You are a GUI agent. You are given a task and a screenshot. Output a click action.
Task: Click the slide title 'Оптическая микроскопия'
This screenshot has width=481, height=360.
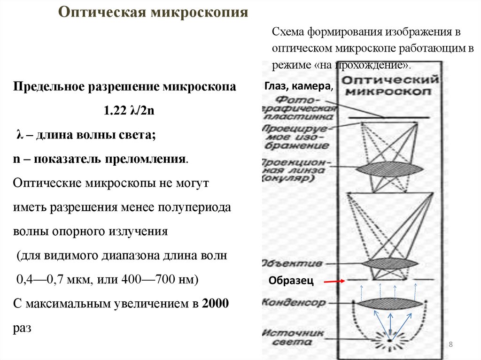click(x=153, y=11)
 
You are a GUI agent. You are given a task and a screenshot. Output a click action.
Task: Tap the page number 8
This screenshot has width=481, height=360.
click(x=450, y=345)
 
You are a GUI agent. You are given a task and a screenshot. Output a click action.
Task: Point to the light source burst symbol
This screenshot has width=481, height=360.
click(x=390, y=338)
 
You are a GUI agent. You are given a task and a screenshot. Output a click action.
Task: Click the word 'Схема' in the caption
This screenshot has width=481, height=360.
click(x=288, y=33)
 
